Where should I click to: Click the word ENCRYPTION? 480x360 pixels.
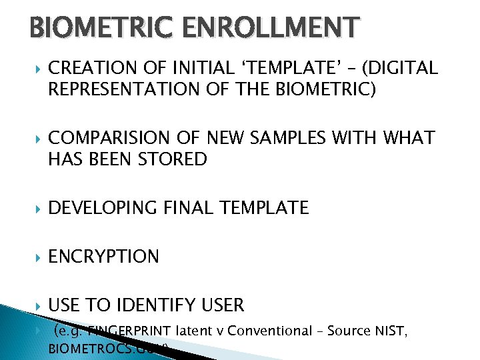[104, 257]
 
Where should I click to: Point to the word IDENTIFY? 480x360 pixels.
[153, 305]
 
